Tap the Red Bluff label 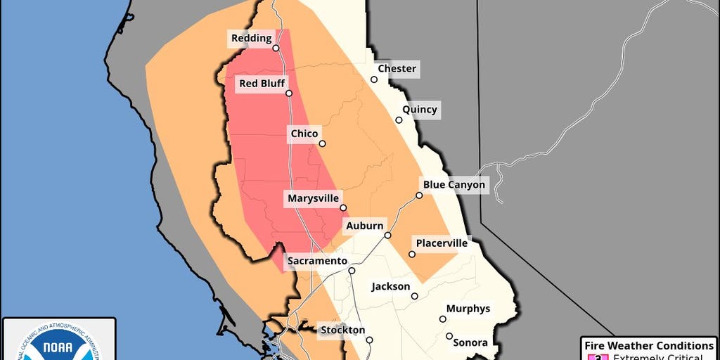coord(262,84)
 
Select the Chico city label coord(304,134)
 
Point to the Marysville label coord(313,199)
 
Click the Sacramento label coord(317,261)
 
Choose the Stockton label coord(342,330)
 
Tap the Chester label coord(397,69)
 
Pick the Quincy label coord(420,110)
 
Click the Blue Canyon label coord(454,185)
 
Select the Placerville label coord(442,243)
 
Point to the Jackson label coord(391,287)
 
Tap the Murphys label coord(468,309)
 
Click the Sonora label coord(470,342)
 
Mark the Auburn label coord(364,226)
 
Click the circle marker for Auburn coord(387,235)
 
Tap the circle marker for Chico coord(322,143)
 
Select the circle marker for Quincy coord(399,120)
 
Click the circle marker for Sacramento coord(352,271)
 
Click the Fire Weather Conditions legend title coord(649,346)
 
